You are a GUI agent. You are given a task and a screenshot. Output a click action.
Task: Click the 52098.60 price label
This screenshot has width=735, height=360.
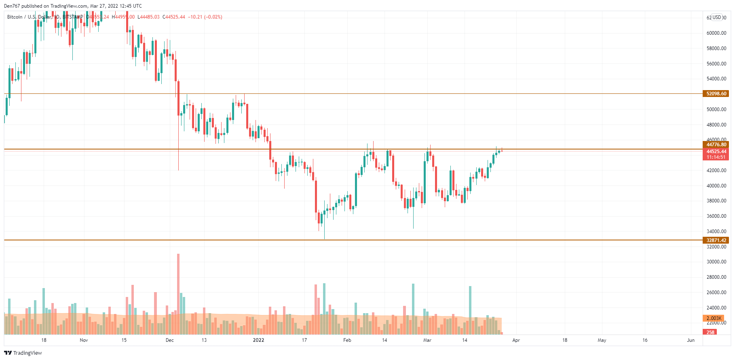[x=716, y=94]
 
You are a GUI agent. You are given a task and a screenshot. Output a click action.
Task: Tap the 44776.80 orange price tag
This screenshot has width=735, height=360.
[x=716, y=145]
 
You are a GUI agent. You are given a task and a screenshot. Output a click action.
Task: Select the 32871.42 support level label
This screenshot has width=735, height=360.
[x=716, y=240]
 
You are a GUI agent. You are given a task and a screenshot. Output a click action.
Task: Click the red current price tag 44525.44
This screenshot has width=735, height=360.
[x=716, y=152]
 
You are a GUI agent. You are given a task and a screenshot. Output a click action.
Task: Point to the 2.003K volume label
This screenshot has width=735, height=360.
[x=714, y=318]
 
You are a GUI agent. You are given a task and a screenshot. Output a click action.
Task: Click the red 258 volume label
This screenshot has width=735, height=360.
[x=710, y=332]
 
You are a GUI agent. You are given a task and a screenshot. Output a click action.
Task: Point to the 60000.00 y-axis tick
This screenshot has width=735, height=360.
[x=716, y=33]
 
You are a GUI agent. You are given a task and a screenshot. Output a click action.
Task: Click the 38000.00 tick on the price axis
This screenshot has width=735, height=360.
[x=716, y=201]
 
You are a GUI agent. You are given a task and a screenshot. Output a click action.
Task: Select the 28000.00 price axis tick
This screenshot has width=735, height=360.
[x=716, y=277]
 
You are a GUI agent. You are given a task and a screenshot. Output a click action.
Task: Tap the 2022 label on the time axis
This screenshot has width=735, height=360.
[x=258, y=340]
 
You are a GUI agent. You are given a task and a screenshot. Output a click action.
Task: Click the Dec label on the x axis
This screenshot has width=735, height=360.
[x=170, y=340]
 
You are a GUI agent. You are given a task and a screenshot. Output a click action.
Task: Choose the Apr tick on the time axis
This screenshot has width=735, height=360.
[x=516, y=340]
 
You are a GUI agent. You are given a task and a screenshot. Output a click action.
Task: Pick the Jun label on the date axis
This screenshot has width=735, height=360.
[x=691, y=340]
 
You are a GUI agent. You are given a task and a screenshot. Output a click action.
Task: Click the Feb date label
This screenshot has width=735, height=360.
[x=347, y=340]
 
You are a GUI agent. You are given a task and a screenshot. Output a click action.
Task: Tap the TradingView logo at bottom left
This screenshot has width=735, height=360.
[x=23, y=353]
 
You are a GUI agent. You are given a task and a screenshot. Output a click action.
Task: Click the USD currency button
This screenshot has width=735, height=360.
[x=716, y=17]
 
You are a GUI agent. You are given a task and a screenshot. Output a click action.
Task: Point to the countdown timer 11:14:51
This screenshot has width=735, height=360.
[x=716, y=157]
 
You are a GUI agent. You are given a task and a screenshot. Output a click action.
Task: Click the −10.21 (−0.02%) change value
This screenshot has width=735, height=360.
[x=205, y=17]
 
